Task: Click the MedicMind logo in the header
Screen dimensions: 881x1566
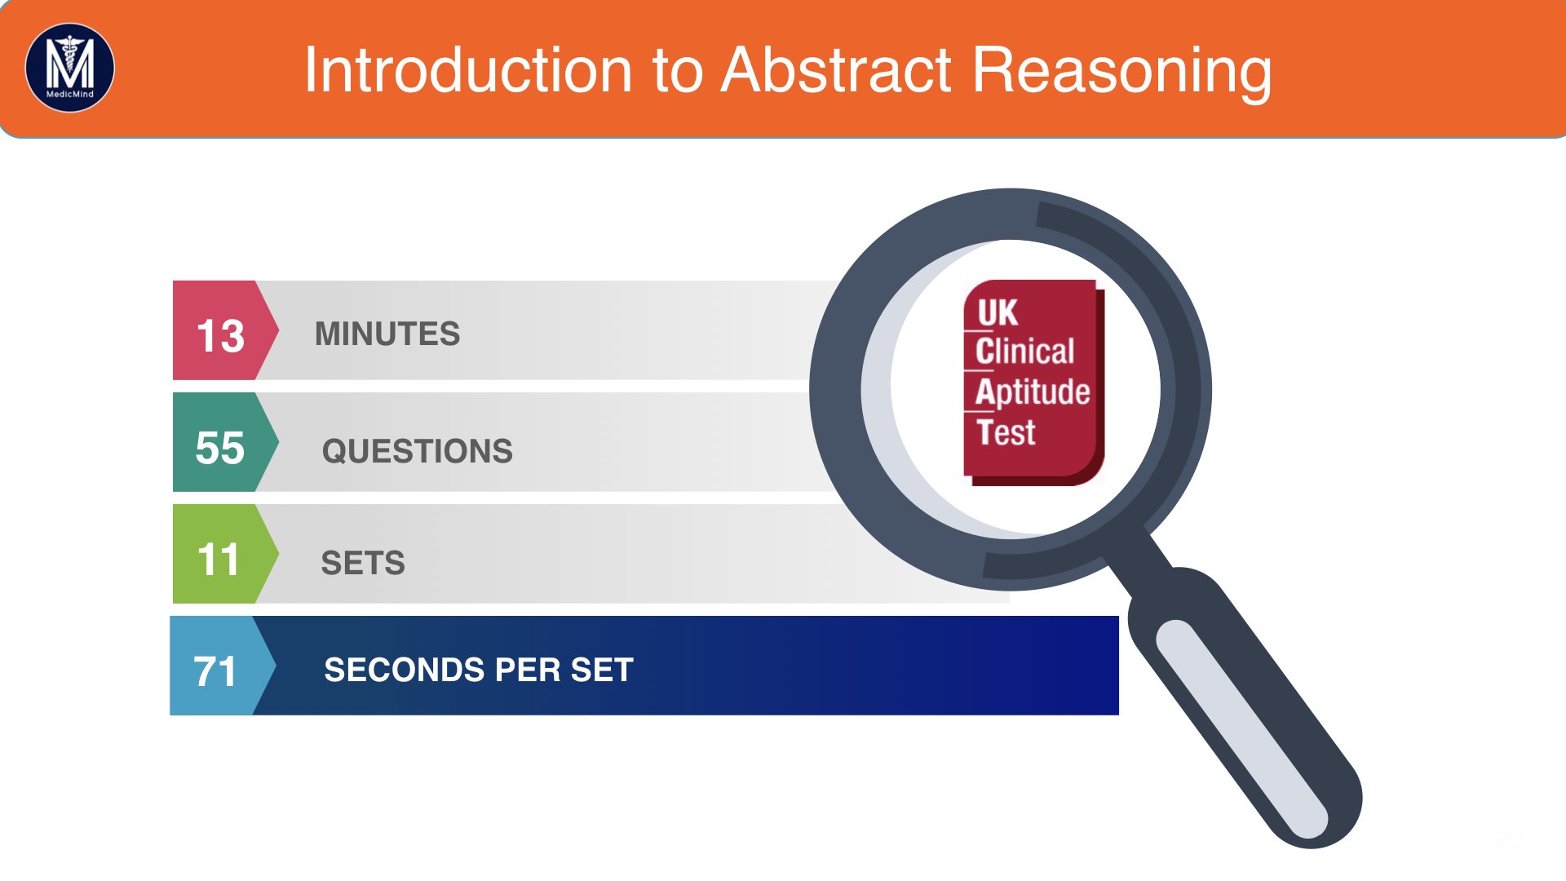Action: point(70,68)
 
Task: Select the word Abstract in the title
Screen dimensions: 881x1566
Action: point(837,70)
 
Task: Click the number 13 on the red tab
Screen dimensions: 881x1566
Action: point(220,335)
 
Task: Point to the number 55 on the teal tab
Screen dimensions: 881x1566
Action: point(219,448)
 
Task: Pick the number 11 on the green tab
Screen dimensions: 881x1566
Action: point(218,560)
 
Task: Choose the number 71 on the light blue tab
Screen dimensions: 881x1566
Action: point(215,671)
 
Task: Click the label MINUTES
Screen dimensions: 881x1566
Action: point(387,334)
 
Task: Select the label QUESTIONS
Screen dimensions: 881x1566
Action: point(418,451)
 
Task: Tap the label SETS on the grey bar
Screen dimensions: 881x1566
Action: point(363,563)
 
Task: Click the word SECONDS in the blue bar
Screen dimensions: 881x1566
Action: point(405,670)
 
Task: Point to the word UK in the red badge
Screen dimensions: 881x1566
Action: point(997,312)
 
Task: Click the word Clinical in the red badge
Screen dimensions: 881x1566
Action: point(1024,352)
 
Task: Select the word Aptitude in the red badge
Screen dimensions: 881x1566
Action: point(1033,392)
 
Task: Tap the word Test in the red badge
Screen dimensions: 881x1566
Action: point(1006,432)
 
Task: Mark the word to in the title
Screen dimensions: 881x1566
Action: point(677,70)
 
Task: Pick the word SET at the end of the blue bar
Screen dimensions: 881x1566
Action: point(602,670)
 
